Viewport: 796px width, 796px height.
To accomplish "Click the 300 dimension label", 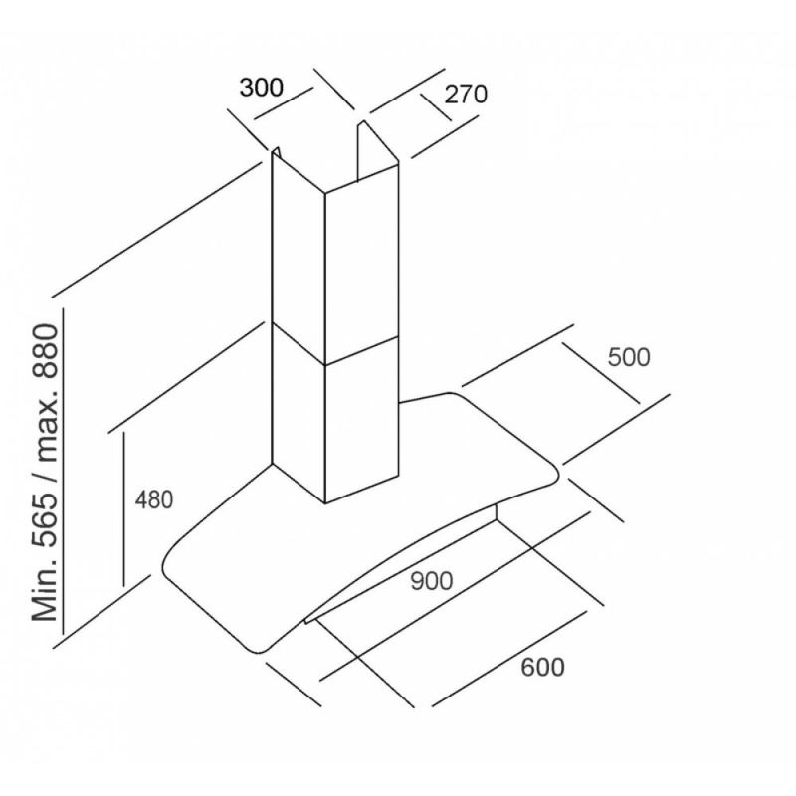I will [x=262, y=87].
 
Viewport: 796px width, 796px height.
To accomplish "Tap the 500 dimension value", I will [x=628, y=357].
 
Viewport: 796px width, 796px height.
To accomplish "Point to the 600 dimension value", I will [x=543, y=667].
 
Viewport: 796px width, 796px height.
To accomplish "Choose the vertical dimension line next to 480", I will [x=122, y=507].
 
